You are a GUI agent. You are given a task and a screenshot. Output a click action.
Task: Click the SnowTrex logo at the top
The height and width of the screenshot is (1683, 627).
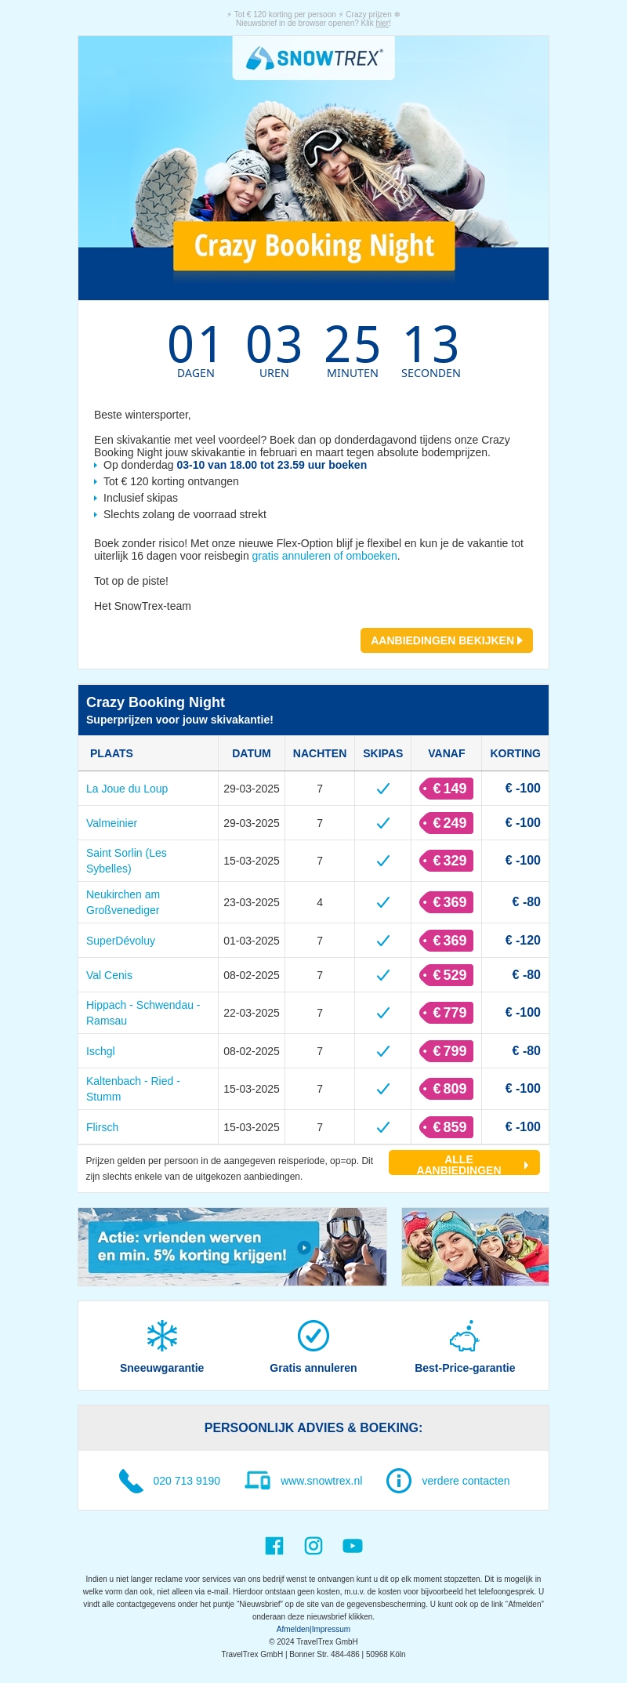[x=313, y=58]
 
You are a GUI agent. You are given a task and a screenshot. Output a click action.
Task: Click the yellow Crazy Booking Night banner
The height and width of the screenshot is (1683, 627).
[x=313, y=246]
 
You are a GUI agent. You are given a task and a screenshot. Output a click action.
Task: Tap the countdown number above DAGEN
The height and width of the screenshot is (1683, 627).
[x=195, y=344]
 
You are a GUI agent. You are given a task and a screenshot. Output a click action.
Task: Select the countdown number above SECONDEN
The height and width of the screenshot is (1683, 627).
[x=430, y=344]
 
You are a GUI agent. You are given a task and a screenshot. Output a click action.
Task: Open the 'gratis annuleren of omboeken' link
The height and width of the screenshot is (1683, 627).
[x=324, y=556]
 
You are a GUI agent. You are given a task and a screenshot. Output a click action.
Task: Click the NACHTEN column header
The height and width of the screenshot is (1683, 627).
[x=320, y=753]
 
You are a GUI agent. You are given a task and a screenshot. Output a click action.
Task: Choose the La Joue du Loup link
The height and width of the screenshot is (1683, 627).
[x=127, y=789]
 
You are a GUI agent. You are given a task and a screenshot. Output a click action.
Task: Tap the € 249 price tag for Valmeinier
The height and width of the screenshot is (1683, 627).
[x=447, y=823]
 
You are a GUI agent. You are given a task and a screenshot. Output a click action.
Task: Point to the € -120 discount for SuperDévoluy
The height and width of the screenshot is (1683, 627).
[x=523, y=941]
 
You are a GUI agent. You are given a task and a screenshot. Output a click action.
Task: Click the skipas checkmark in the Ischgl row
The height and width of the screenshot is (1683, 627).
[x=383, y=1051]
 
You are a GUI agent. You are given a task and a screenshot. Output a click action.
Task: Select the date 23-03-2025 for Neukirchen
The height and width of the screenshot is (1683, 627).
[x=252, y=902]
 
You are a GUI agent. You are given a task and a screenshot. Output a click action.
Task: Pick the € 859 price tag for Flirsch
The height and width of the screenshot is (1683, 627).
[x=447, y=1127]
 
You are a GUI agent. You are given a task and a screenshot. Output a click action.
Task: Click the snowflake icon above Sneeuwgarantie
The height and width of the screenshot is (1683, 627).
[x=162, y=1336]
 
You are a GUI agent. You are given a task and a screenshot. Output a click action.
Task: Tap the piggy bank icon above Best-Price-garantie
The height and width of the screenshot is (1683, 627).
[x=465, y=1336]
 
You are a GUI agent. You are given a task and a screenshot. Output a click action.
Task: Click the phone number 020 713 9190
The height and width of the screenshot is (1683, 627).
[x=187, y=1481]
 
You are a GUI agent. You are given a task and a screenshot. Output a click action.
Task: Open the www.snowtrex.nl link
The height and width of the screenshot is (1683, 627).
[x=321, y=1481]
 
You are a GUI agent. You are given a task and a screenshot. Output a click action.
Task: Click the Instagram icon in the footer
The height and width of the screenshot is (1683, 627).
[x=313, y=1545]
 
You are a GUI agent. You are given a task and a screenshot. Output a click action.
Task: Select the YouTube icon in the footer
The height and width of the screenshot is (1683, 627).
[x=353, y=1545]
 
